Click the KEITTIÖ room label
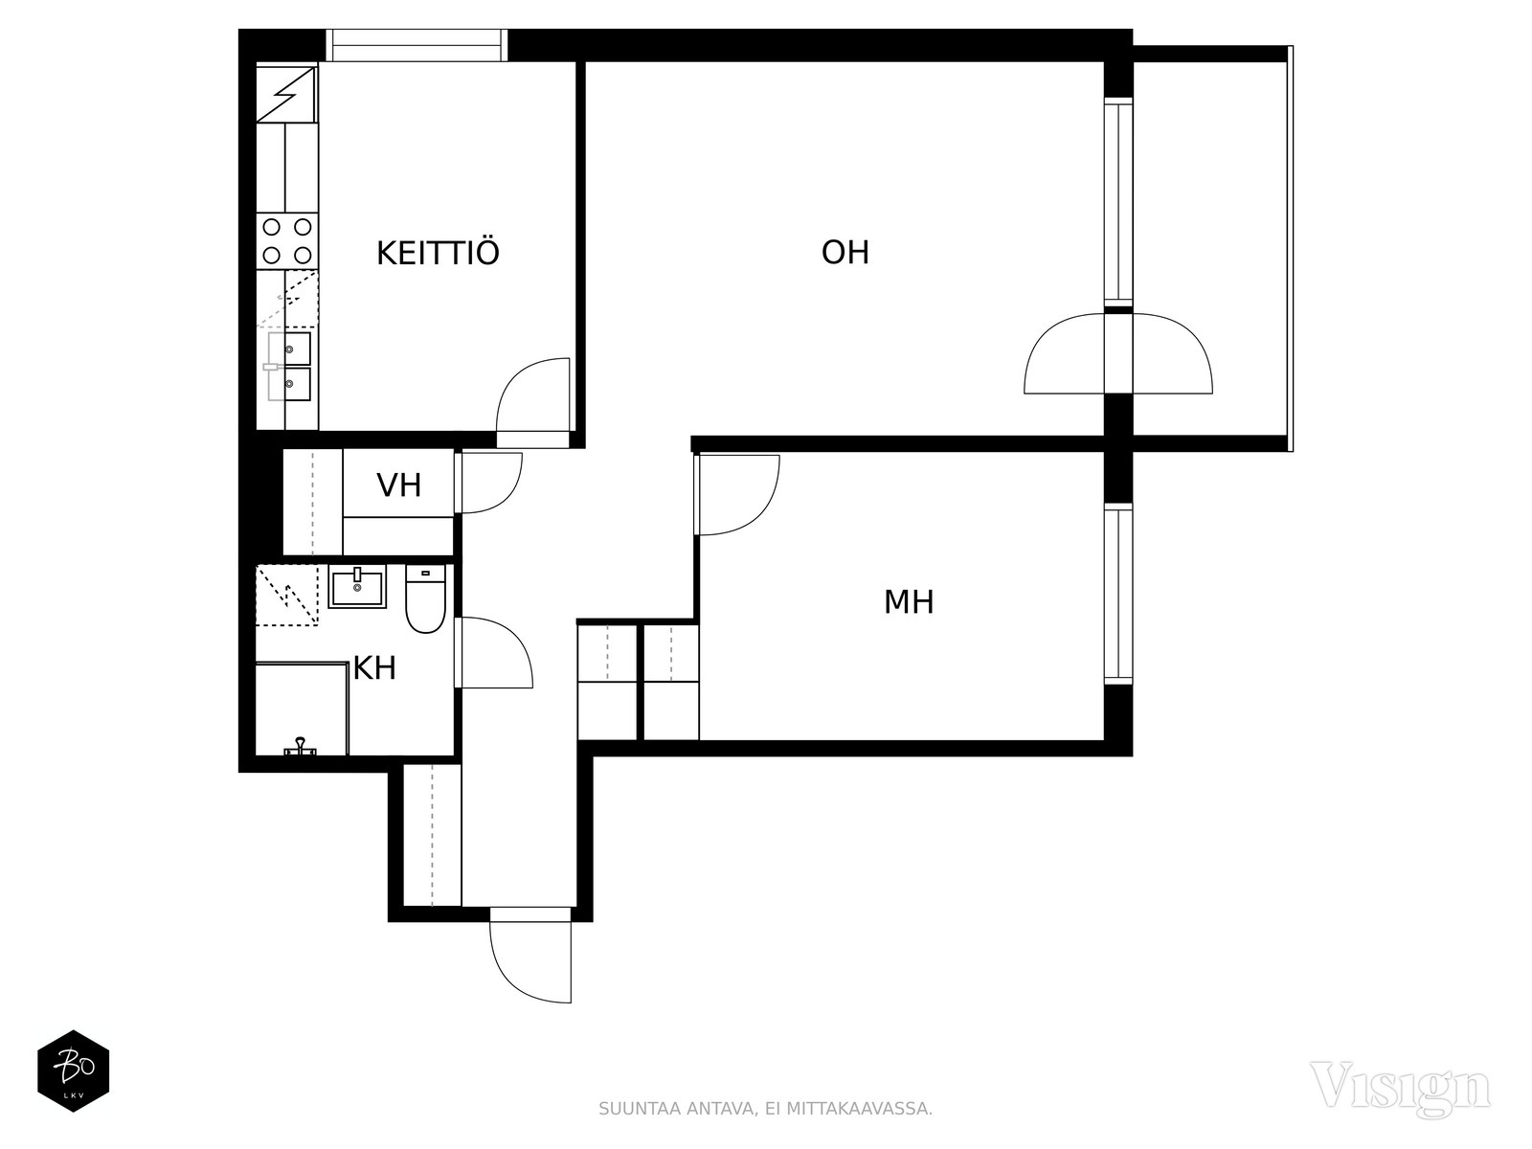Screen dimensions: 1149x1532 [438, 254]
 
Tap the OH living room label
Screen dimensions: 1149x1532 [845, 253]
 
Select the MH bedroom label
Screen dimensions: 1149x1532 [909, 602]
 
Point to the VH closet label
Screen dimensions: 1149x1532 [399, 485]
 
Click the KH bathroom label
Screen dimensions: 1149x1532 [374, 668]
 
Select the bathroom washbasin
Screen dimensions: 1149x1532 [357, 586]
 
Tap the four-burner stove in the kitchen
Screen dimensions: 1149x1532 [287, 241]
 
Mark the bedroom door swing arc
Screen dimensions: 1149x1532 [738, 494]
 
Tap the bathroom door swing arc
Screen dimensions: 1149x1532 [497, 652]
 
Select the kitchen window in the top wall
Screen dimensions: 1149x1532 [416, 45]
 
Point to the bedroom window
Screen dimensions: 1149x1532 [1118, 594]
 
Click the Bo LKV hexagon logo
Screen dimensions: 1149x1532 [73, 1071]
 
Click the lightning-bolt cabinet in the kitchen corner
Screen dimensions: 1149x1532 [285, 94]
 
